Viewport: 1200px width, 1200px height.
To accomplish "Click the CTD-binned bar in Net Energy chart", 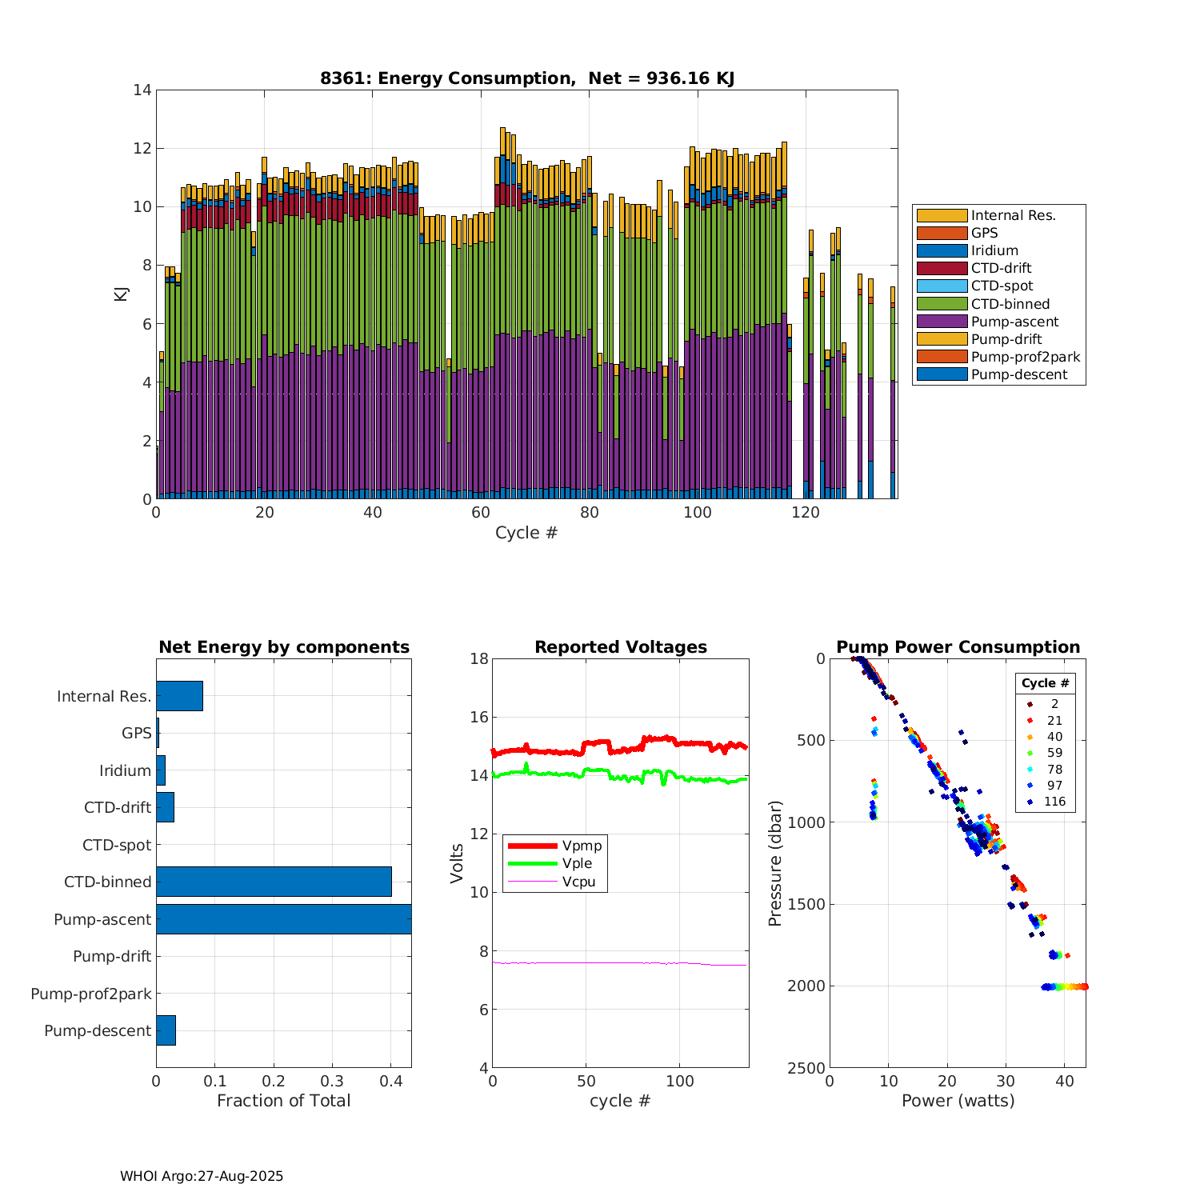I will pos(274,882).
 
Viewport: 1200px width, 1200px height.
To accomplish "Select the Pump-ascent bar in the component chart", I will pos(283,919).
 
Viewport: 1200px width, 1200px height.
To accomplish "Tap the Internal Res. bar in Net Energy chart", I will pos(179,696).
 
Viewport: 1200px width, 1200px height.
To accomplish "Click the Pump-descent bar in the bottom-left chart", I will pos(166,1030).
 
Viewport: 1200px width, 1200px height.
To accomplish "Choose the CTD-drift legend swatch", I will pos(942,268).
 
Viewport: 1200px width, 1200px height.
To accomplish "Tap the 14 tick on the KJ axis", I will pos(142,90).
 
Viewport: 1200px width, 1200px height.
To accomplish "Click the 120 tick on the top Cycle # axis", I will pos(806,513).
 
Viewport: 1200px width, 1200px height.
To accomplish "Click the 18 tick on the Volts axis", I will pos(479,658).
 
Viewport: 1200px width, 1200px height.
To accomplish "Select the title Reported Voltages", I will pos(621,647).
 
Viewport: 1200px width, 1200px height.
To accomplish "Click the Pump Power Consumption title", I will pos(958,647).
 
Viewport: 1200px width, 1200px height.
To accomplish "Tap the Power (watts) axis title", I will pos(958,1101).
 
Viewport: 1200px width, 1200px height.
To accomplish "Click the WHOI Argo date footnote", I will pos(202,1176).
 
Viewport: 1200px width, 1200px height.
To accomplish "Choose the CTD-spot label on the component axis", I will pos(117,845).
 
